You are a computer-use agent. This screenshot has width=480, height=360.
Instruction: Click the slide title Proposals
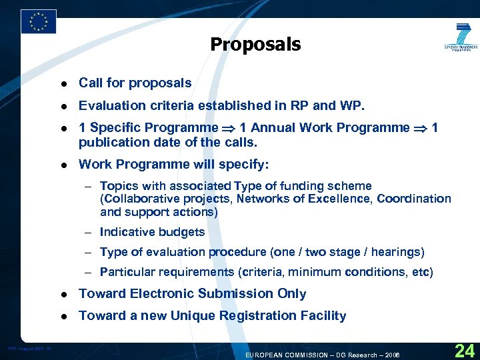coord(255,45)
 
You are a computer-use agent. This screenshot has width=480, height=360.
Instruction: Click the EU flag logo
coord(39,21)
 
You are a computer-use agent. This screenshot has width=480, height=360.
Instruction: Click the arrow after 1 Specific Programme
coord(229,128)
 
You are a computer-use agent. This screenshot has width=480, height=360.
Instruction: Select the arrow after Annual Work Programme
coord(420,128)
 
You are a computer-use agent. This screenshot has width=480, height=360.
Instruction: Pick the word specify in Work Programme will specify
coord(247,164)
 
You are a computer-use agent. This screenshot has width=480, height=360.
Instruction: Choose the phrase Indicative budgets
coord(152,232)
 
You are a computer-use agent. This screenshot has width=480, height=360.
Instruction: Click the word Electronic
coord(169,294)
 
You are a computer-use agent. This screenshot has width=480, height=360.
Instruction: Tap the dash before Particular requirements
coord(89,272)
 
